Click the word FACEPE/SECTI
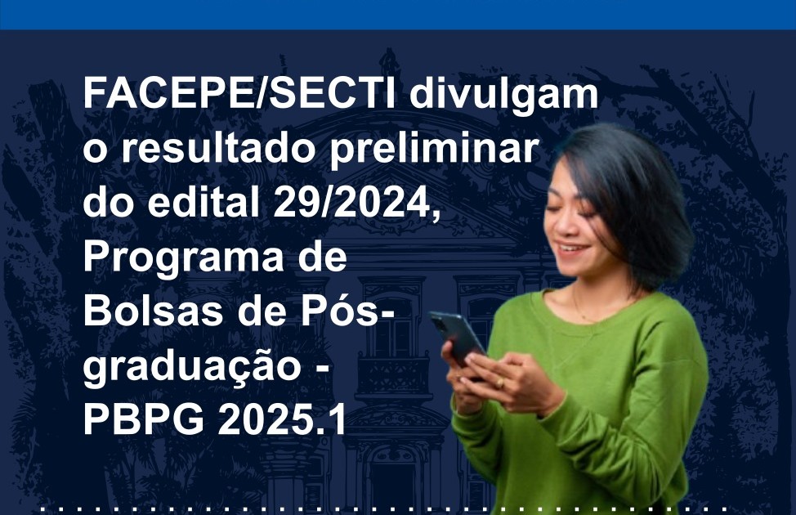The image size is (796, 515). coord(239,94)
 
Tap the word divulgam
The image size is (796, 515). coord(504,94)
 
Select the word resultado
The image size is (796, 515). coord(223,148)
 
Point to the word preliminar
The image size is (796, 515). coord(435,150)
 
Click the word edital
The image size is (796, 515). coord(203,203)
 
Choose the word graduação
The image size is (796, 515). coord(192,368)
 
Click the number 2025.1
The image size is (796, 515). coord(282,419)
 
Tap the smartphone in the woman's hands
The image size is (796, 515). coord(456,338)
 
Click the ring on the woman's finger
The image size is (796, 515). coord(500,383)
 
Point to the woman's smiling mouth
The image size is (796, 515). coord(570,249)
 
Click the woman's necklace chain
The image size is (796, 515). coord(589,309)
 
